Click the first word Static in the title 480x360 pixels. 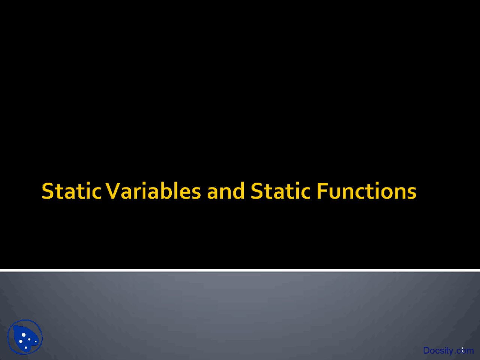coord(72,191)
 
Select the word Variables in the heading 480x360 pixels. coord(153,191)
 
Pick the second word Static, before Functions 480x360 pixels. coord(280,191)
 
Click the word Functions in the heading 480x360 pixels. coord(366,191)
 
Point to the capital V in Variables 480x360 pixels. coord(112,191)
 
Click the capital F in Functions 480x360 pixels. coord(322,191)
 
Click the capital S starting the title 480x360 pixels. coord(48,191)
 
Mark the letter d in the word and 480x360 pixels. coord(239,191)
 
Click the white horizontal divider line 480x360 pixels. coord(240,270)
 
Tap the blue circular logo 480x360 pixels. coord(25,337)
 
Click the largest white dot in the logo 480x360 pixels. coord(24,335)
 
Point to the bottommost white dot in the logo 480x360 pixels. coord(26,348)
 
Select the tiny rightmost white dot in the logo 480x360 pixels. coord(36,342)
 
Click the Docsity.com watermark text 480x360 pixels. coord(448,351)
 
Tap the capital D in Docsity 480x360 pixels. coord(426,351)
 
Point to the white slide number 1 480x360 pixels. coord(463,349)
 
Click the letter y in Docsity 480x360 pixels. coord(451,351)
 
